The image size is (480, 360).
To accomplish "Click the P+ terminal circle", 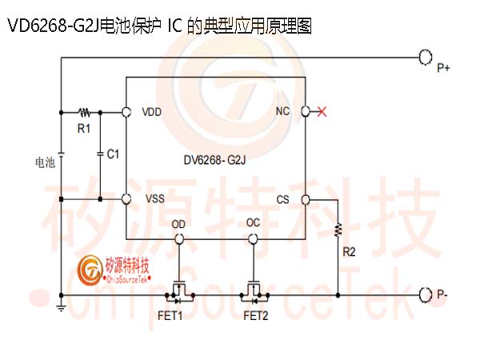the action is pyautogui.click(x=426, y=58).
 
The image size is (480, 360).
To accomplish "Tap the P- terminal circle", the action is pyautogui.click(x=426, y=295).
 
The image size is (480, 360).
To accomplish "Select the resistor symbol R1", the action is pyautogui.click(x=84, y=113).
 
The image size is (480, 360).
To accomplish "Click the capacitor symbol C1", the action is pyautogui.click(x=100, y=154).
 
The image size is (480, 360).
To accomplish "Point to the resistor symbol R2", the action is pyautogui.click(x=338, y=230).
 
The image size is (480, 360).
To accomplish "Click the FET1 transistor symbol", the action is pyautogui.click(x=179, y=293).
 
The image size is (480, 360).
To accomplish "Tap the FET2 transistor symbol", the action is pyautogui.click(x=254, y=293).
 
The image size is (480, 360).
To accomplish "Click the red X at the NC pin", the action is pyautogui.click(x=322, y=112).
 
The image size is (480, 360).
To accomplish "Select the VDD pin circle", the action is pyautogui.click(x=126, y=112).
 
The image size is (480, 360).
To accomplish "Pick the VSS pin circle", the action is pyautogui.click(x=126, y=199).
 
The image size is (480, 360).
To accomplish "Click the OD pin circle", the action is pyautogui.click(x=178, y=238).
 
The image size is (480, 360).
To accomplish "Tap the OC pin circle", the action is pyautogui.click(x=253, y=238).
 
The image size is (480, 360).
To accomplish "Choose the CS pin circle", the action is pyautogui.click(x=306, y=200).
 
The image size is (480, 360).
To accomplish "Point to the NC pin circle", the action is pyautogui.click(x=306, y=111).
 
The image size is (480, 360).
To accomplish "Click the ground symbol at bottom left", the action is pyautogui.click(x=62, y=307).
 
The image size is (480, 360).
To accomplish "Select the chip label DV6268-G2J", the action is pyautogui.click(x=214, y=160).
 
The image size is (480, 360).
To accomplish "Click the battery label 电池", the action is pyautogui.click(x=45, y=162).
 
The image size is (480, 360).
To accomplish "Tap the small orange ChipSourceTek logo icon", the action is pyautogui.click(x=90, y=270).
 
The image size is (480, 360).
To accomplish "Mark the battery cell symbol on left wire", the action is pyautogui.click(x=62, y=154).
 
